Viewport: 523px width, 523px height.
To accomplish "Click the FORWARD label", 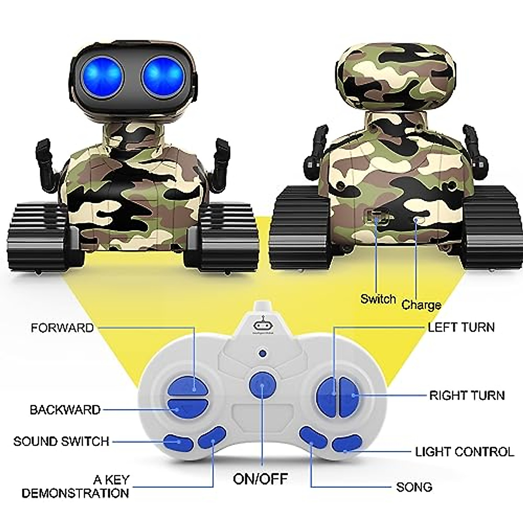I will coord(62,328).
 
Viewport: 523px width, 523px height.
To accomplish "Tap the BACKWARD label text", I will coord(65,410).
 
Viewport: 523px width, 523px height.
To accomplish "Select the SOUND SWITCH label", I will coord(61,441).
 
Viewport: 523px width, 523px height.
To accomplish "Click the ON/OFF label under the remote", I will coord(260,479).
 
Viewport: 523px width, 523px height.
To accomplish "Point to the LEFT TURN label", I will coord(461,327).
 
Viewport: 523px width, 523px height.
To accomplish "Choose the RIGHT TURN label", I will coord(467,395).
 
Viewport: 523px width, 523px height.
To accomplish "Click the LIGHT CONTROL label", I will coord(465,452).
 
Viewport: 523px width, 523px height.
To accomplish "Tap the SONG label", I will coord(414,487).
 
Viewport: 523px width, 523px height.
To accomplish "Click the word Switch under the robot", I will coord(378,299).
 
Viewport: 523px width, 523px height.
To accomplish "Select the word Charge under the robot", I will coord(421,305).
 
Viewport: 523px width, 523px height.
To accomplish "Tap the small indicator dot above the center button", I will coord(262,353).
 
